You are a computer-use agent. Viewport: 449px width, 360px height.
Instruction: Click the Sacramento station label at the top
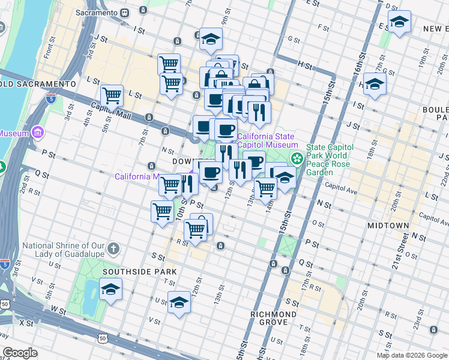pyautogui.click(x=97, y=13)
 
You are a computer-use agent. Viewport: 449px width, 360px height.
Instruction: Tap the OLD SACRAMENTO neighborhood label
pyautogui.click(x=37, y=83)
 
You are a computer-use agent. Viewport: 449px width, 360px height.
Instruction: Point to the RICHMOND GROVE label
pyautogui.click(x=274, y=319)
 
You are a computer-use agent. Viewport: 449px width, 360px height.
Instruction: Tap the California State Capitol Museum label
pyautogui.click(x=268, y=140)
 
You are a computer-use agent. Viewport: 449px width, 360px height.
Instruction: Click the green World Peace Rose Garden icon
pyautogui.click(x=297, y=158)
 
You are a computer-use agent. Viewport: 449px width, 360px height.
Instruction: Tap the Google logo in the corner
pyautogui.click(x=20, y=353)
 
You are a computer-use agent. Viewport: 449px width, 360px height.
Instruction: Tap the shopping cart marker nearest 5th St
pyautogui.click(x=112, y=94)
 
